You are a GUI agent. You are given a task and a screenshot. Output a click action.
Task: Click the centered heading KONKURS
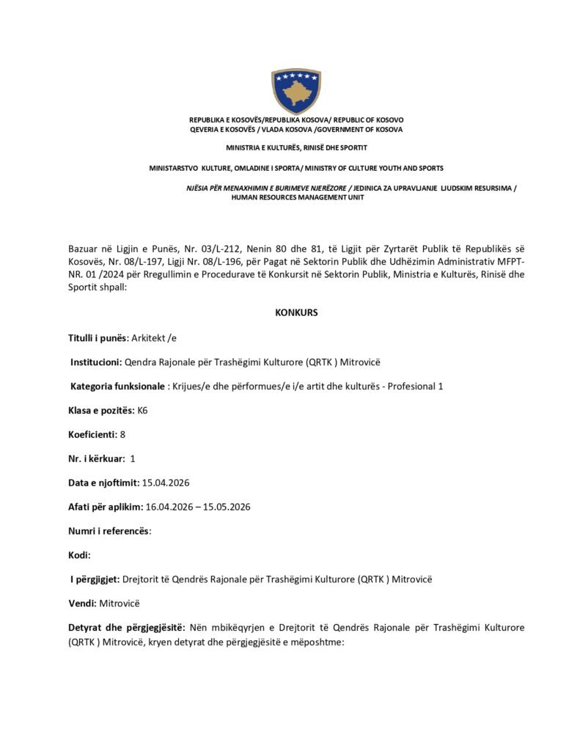point(296,312)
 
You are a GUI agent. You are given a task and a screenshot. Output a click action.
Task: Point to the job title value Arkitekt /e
point(154,337)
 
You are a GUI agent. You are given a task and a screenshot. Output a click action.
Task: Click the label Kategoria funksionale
point(117,386)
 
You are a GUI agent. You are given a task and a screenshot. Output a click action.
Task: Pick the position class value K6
point(143,410)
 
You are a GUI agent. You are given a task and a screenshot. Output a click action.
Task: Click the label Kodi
point(79,555)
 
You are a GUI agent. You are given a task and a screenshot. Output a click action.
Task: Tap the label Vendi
point(81,604)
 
